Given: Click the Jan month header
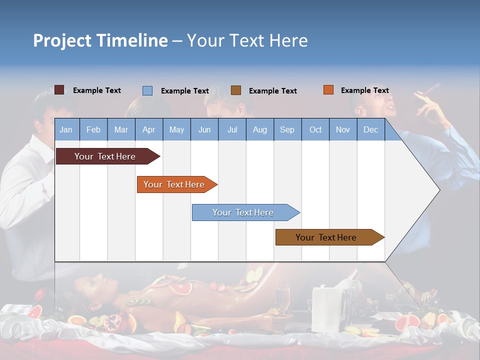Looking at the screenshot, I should (x=66, y=129).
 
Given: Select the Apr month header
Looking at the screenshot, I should (x=148, y=129).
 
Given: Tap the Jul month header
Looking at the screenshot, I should (x=232, y=129).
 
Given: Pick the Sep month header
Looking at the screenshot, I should (x=287, y=129).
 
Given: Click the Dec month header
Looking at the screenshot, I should (x=370, y=129).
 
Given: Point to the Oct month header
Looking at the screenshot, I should (x=315, y=129).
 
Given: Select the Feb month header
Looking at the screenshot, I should (x=93, y=129).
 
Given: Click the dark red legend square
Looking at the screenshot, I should (x=59, y=90).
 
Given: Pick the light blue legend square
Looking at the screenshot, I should (x=147, y=90).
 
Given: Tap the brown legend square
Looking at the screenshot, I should (x=236, y=90).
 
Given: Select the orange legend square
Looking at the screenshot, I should (x=328, y=90).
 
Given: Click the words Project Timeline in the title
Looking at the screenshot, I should (x=100, y=40).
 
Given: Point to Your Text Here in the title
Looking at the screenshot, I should (x=247, y=40).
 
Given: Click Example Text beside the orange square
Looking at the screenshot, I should (x=364, y=90).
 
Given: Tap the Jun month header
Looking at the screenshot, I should (x=204, y=129).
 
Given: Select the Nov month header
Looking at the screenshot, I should (x=343, y=129).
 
